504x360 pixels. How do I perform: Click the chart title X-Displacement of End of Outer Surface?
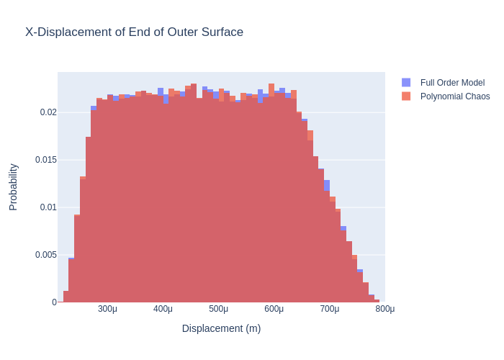point(134,32)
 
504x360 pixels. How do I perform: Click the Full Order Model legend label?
point(452,83)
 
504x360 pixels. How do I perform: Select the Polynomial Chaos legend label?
point(455,96)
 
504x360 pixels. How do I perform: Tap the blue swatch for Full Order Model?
point(406,83)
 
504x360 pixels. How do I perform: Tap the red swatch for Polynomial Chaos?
point(406,96)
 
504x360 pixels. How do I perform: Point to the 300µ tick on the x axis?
point(107,309)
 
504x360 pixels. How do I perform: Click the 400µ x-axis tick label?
point(163,309)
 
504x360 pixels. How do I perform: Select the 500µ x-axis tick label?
point(218,309)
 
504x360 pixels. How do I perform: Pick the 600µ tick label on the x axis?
point(274,309)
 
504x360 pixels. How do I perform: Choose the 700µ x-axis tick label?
point(329,309)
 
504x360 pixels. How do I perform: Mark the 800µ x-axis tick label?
point(384,309)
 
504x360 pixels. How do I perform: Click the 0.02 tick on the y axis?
point(48,112)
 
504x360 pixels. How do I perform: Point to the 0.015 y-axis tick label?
point(45,160)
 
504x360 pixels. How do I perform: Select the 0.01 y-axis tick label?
point(48,207)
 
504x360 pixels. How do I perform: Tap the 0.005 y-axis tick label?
point(45,255)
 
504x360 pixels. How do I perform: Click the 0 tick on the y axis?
point(54,302)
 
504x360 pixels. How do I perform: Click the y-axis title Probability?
point(13,186)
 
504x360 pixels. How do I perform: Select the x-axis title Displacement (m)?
point(221,328)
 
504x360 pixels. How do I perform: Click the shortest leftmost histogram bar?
point(66,297)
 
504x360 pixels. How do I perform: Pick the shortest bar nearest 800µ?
point(377,301)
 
